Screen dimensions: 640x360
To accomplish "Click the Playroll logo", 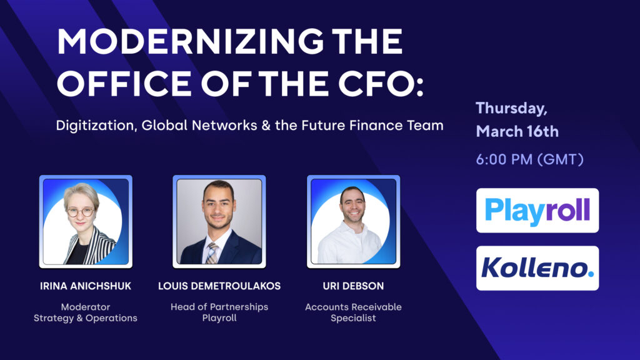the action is [x=537, y=211].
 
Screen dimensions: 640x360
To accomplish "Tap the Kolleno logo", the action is [x=537, y=268].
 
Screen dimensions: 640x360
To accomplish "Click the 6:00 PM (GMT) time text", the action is [x=529, y=159].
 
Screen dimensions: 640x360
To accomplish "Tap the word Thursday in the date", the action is [x=511, y=109].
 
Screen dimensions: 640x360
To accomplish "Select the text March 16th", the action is [x=517, y=131].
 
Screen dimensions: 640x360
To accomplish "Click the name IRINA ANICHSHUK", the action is [x=86, y=286].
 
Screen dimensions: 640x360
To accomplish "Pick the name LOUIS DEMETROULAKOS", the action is [x=219, y=286].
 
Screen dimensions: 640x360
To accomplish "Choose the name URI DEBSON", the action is [x=353, y=286].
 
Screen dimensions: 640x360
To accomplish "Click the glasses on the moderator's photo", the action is [x=80, y=212].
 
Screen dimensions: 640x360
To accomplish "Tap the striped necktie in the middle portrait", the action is [x=212, y=253].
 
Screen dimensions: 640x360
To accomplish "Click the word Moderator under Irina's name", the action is [x=85, y=307].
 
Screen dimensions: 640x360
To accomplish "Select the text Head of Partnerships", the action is [x=219, y=307].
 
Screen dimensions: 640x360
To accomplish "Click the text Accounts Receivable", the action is [x=353, y=307].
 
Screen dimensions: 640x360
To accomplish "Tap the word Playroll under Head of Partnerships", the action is [x=219, y=318].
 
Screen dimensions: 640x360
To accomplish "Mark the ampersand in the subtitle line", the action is [x=266, y=125].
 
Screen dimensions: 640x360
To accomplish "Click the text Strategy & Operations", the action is [x=85, y=318].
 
